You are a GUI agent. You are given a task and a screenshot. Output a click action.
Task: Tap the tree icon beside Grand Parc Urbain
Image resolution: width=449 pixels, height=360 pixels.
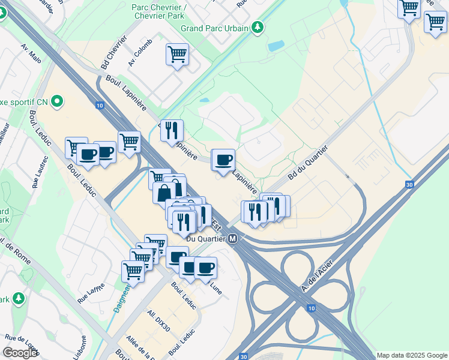click(258, 27)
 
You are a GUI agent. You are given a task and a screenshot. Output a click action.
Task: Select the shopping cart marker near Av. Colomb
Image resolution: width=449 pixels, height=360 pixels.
click(177, 55)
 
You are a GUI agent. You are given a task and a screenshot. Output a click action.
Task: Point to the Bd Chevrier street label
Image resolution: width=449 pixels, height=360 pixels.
click(115, 51)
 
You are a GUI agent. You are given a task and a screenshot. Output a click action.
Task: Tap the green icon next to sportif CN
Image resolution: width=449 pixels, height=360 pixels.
click(58, 101)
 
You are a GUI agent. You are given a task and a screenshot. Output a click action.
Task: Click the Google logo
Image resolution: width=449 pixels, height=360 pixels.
click(20, 353)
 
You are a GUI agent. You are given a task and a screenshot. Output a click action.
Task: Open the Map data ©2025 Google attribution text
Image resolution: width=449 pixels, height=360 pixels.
click(412, 355)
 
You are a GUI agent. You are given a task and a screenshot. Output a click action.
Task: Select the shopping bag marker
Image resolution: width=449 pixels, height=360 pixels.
click(164, 193)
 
